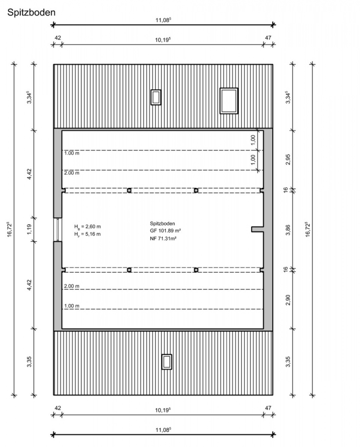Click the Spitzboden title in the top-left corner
pos(31,12)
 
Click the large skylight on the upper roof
pos(229,101)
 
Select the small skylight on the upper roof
pos(156,97)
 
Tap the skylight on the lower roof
pos(167,362)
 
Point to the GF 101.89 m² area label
pos(165,231)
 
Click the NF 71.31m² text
pos(163,238)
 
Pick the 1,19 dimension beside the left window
pos(29,229)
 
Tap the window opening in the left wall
pos(58,230)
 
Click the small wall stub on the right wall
pos(258,229)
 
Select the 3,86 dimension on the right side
pos(288,230)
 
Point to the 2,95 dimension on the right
pos(288,159)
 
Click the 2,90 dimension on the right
pos(288,300)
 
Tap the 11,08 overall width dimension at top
pos(163,20)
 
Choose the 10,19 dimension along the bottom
pos(163,410)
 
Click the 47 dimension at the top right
pos(268,38)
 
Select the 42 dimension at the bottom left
pos(58,408)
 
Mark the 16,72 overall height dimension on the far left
pos(9,229)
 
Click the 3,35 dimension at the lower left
pos(29,362)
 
